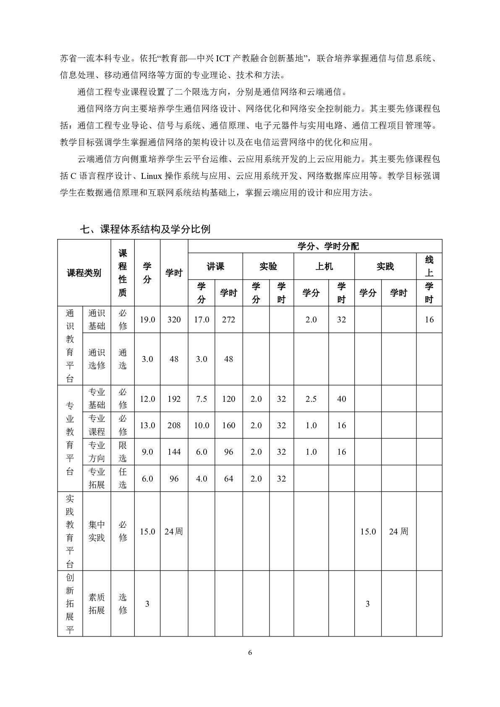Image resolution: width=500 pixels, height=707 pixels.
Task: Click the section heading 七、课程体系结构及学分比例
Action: point(145,229)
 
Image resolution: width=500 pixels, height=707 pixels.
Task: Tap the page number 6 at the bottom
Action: point(250,652)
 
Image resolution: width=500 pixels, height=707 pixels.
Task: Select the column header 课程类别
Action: point(84,273)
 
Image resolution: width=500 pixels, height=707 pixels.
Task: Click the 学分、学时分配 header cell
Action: point(328,246)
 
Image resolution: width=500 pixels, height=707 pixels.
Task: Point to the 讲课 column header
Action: point(215,266)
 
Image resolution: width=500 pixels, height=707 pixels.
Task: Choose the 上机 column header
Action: point(324,266)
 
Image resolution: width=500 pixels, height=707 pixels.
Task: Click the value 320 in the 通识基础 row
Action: point(174,319)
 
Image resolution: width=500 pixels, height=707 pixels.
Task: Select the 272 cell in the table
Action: point(228,319)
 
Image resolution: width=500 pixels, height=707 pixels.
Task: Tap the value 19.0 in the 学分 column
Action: point(147,319)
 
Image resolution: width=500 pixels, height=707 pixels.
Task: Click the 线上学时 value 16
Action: point(429,319)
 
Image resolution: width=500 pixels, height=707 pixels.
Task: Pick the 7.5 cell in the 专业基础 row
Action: point(202,399)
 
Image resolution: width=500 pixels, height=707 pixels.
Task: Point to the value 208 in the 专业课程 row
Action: point(174,425)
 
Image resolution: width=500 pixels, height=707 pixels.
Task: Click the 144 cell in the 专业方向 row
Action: point(174,452)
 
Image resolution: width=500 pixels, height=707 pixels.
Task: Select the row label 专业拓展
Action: point(97,478)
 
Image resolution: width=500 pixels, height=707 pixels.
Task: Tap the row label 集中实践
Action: point(97,531)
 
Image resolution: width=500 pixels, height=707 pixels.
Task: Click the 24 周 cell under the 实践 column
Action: point(398,532)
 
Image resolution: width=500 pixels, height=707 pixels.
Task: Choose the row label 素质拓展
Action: point(97,604)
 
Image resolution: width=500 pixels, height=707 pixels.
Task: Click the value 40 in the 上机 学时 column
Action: point(341,399)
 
